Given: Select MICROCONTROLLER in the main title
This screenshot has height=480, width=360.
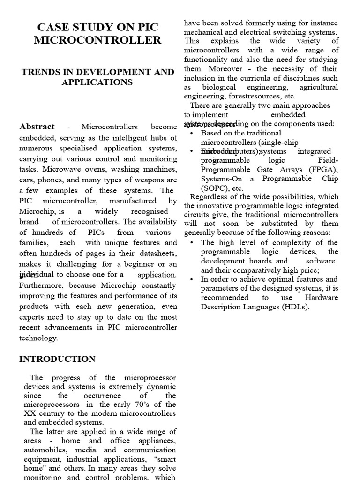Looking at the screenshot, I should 97,40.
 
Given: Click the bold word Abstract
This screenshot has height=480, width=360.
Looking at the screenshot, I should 37,127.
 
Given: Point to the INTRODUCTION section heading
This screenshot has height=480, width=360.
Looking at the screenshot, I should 57,359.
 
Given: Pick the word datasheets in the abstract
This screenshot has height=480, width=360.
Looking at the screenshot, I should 157,254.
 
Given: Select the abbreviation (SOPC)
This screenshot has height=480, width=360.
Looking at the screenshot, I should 216,187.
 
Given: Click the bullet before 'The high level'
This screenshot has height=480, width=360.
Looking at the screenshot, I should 194,243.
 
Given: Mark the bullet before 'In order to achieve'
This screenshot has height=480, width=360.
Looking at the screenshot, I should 194,279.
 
